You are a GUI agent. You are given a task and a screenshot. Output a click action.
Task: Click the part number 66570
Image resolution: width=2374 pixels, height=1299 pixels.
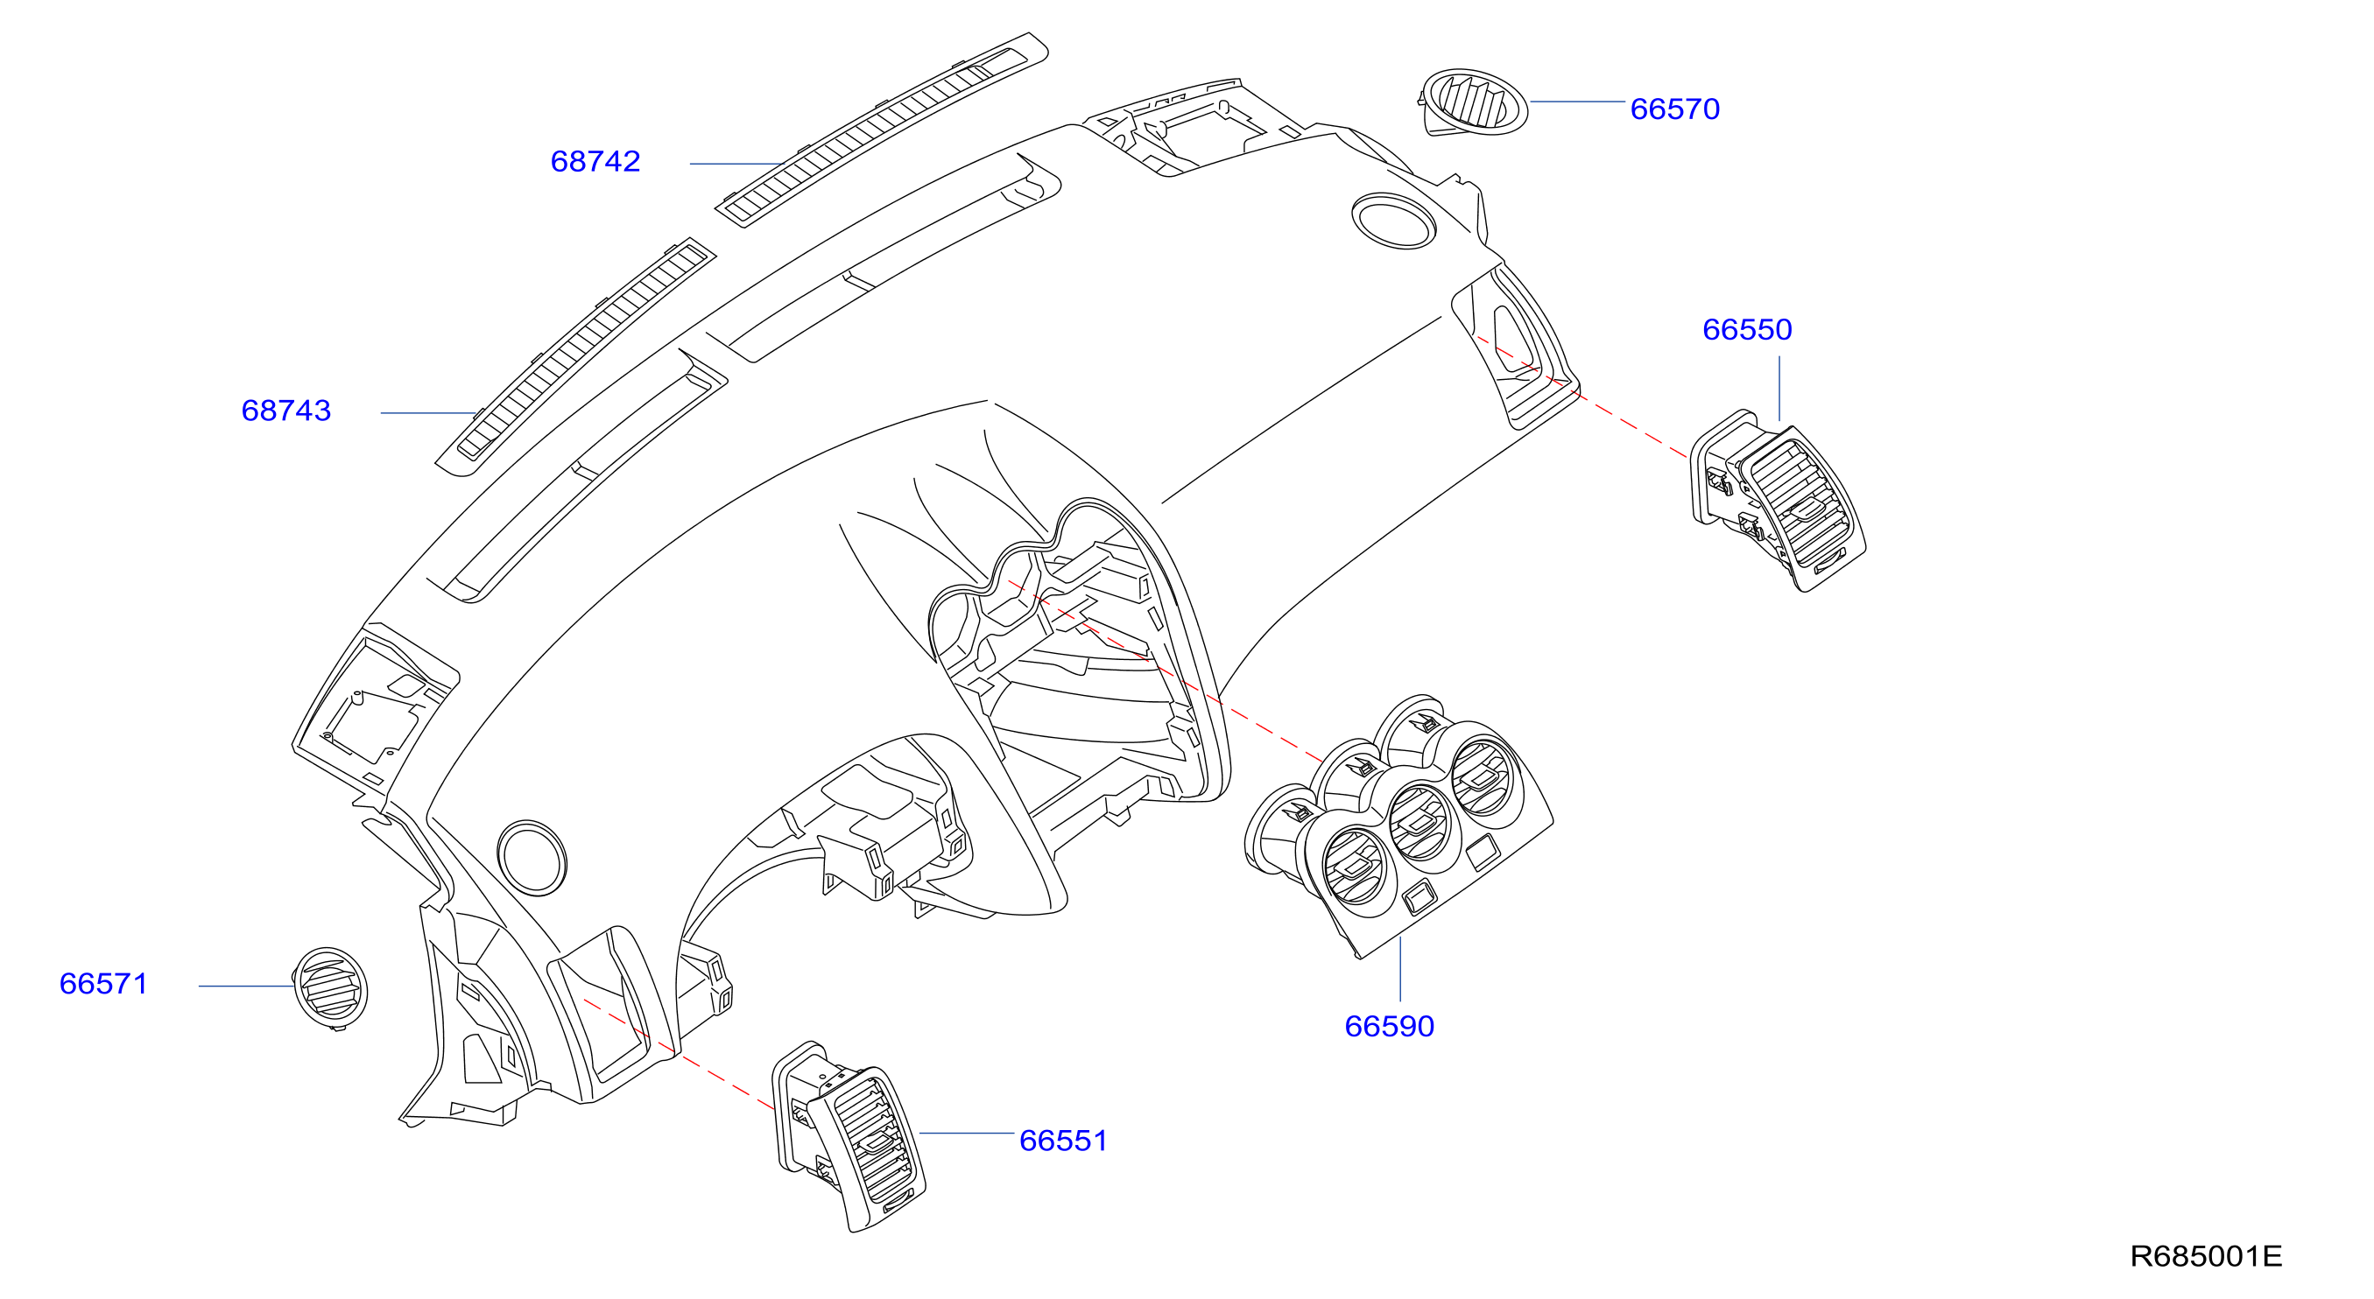pos(1674,109)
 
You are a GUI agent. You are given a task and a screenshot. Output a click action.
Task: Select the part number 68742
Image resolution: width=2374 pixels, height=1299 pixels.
pos(595,162)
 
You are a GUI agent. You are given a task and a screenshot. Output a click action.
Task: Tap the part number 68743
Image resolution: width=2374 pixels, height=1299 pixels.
pos(285,411)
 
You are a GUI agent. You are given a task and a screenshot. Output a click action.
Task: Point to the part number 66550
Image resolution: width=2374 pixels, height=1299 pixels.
pos(1746,330)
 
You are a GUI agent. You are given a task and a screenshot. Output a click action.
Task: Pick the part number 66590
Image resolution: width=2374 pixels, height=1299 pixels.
pos(1389,1026)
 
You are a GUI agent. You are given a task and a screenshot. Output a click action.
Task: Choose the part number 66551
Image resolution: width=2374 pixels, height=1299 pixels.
pos(1062,1141)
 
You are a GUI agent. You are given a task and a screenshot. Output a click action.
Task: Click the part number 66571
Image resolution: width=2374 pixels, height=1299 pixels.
pos(103,984)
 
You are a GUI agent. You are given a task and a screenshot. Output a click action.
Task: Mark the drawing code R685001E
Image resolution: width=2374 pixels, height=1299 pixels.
pos(2205,1256)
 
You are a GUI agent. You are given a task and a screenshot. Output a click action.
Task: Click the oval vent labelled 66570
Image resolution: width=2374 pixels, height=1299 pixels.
pos(1473,102)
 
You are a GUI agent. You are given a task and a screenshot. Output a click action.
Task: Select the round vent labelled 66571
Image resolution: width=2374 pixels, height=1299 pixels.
pos(330,987)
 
